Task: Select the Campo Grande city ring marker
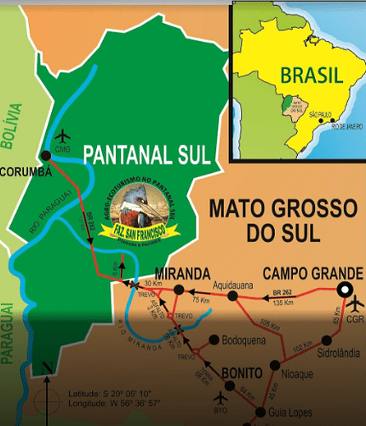(x=345, y=290)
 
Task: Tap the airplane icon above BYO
(x=222, y=397)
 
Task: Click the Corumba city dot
(x=43, y=155)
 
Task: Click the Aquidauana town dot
(x=231, y=296)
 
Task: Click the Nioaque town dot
(x=274, y=363)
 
